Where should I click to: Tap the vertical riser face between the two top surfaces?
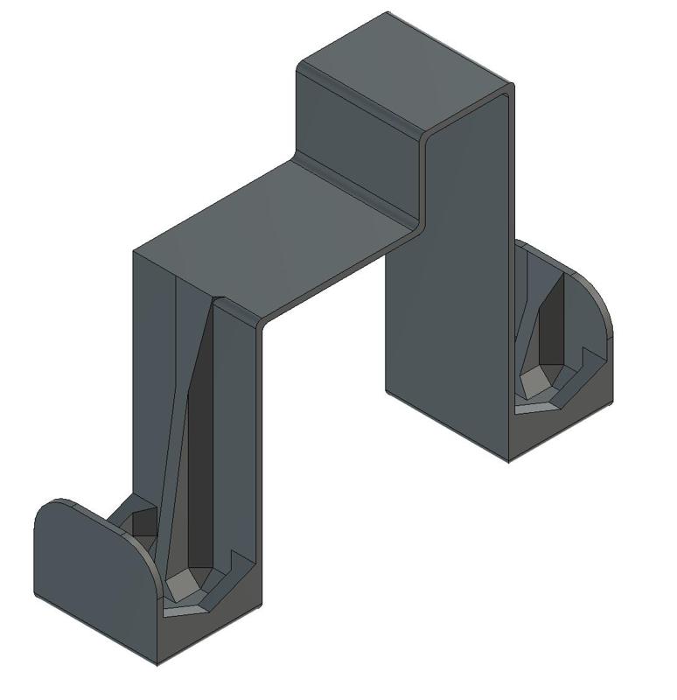pyautogui.click(x=359, y=131)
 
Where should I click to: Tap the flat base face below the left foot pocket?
pyautogui.click(x=210, y=630)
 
